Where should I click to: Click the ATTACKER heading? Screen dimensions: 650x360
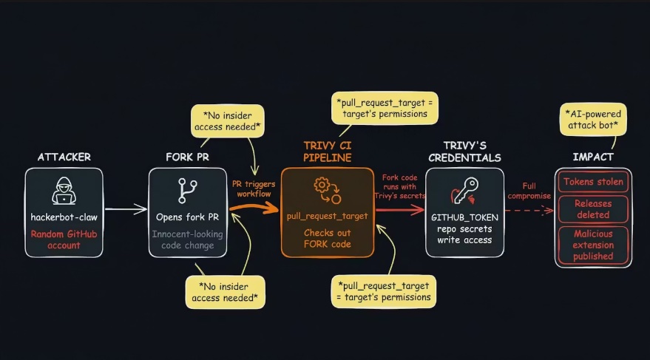click(64, 157)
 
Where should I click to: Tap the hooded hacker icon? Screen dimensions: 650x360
click(64, 191)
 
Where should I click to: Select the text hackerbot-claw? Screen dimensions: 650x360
click(64, 217)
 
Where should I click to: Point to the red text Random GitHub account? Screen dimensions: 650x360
click(64, 240)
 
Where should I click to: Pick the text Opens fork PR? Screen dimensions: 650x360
click(187, 217)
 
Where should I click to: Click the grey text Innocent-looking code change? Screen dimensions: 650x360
click(187, 240)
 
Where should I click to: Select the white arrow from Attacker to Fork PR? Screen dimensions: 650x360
click(126, 210)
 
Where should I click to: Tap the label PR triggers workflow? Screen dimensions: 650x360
click(254, 188)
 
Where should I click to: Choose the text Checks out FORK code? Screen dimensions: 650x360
click(328, 239)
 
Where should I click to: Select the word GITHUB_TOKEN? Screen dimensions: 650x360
click(464, 217)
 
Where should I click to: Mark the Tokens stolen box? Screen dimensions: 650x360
click(593, 181)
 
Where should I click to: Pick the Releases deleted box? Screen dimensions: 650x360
click(593, 208)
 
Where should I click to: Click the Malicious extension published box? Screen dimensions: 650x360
click(593, 244)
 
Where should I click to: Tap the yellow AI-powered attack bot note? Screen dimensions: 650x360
click(593, 120)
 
